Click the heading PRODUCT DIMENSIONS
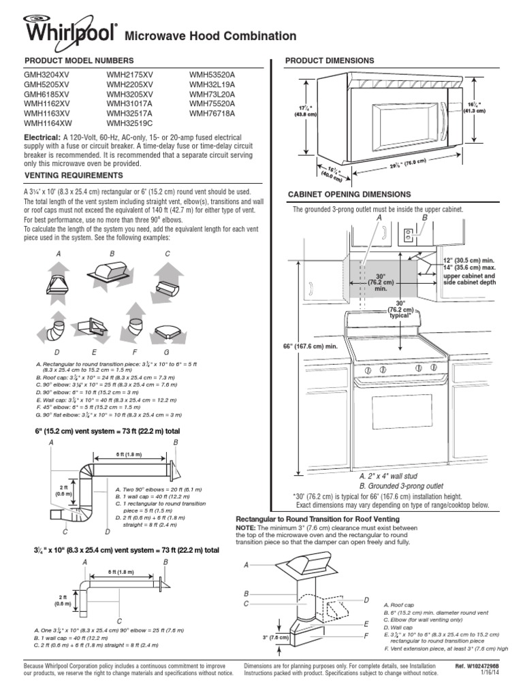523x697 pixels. tap(330, 61)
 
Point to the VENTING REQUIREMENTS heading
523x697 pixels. tap(69, 176)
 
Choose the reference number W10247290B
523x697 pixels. tap(486, 665)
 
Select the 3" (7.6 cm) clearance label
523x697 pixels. tap(274, 637)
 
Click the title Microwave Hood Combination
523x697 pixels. tap(212, 36)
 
